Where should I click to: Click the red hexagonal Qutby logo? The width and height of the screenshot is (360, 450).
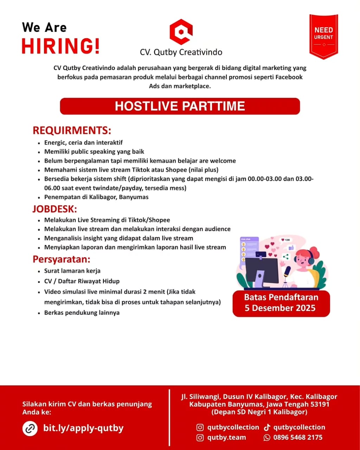pyautogui.click(x=181, y=32)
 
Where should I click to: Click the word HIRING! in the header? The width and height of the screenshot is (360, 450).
pyautogui.click(x=60, y=46)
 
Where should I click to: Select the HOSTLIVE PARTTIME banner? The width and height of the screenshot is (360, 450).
pyautogui.click(x=180, y=106)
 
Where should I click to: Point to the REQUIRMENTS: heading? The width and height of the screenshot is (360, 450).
pyautogui.click(x=72, y=130)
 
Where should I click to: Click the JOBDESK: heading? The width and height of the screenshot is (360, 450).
pyautogui.click(x=54, y=209)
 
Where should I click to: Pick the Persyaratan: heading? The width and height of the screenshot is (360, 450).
pyautogui.click(x=62, y=259)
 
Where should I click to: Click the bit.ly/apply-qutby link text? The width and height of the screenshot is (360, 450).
pyautogui.click(x=83, y=428)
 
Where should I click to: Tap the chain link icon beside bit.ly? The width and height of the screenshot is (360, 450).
pyautogui.click(x=30, y=429)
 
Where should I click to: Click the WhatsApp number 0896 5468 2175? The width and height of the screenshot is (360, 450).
pyautogui.click(x=297, y=438)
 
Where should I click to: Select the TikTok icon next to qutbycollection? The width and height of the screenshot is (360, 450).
pyautogui.click(x=267, y=427)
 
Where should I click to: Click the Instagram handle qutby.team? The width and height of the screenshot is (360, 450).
pyautogui.click(x=226, y=438)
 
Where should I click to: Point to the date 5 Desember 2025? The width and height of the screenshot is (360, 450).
pyautogui.click(x=280, y=308)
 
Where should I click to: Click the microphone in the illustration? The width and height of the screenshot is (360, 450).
pyautogui.click(x=287, y=271)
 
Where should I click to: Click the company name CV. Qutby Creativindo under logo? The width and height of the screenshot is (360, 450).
pyautogui.click(x=181, y=52)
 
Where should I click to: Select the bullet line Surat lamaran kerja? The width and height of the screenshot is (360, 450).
pyautogui.click(x=72, y=271)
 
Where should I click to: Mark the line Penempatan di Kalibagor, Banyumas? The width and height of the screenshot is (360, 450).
pyautogui.click(x=96, y=197)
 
